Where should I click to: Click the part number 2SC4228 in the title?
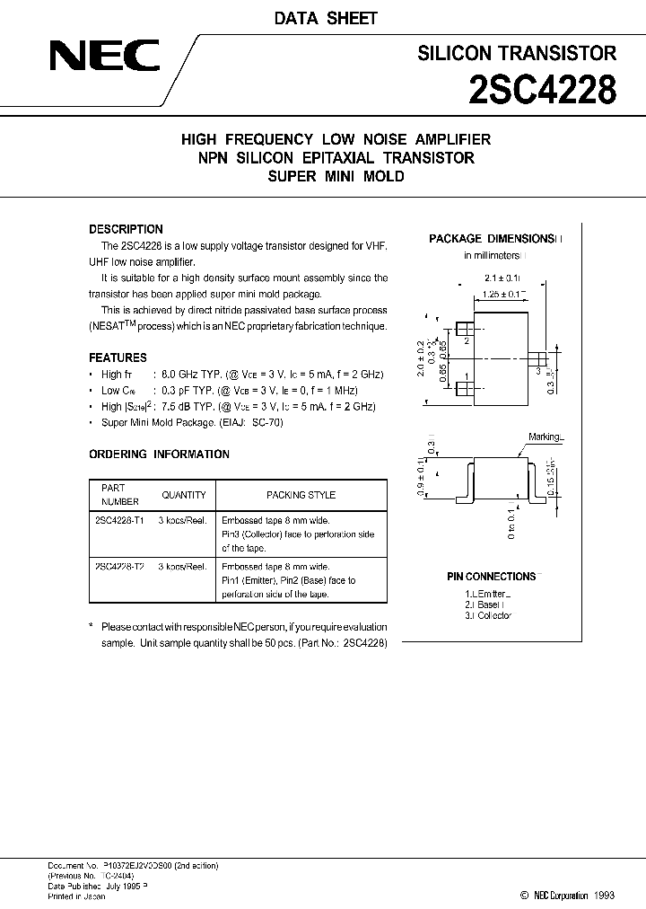[542, 89]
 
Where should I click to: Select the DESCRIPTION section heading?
[126, 229]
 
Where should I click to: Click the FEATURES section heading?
[118, 357]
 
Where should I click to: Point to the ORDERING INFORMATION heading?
[159, 454]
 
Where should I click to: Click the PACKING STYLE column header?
[301, 495]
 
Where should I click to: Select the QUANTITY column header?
[183, 495]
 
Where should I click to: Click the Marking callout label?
[545, 437]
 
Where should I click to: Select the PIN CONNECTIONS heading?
[491, 577]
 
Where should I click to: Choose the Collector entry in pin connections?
[490, 615]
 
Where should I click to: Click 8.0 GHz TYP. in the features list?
[191, 375]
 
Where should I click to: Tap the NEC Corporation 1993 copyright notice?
[568, 896]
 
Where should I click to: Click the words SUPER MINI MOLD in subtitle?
[336, 177]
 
